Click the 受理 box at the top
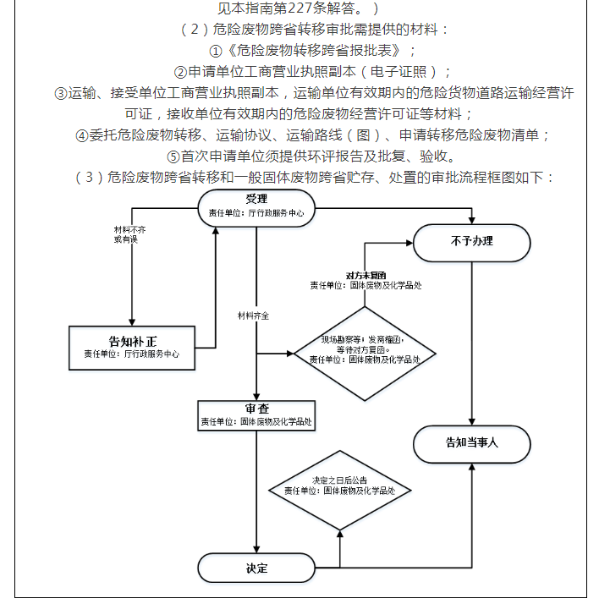pyautogui.click(x=256, y=206)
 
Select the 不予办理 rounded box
pyautogui.click(x=471, y=242)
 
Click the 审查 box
pyautogui.click(x=256, y=414)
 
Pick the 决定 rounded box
pyautogui.click(x=256, y=568)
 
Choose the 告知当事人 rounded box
pyautogui.click(x=471, y=442)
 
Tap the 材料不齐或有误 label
pyautogui.click(x=126, y=235)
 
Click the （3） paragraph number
pyautogui.click(x=89, y=178)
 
